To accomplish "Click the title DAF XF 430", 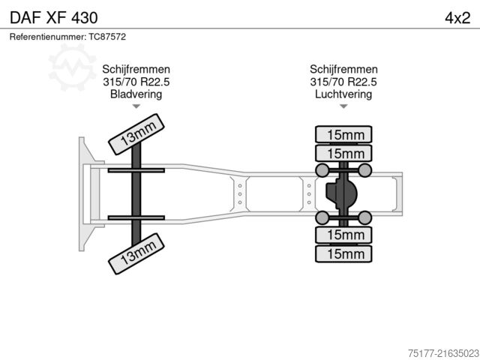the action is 54,18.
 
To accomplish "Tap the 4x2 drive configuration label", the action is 457,18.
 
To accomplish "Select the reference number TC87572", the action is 107,37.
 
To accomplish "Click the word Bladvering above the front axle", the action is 136,94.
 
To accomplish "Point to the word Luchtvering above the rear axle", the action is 343,94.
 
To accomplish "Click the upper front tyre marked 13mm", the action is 136,134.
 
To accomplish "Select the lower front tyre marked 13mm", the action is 136,253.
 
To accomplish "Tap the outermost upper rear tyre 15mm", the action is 343,134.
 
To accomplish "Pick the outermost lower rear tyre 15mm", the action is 343,253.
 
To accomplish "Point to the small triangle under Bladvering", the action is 136,106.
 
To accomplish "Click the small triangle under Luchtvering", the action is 343,106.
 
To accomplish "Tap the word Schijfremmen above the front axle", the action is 136,69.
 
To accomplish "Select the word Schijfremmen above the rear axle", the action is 343,69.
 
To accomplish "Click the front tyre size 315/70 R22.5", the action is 136,82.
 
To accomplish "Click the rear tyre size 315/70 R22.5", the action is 343,82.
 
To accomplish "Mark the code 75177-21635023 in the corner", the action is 443,353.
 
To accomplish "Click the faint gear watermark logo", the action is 72,67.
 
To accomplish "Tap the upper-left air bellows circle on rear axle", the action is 322,170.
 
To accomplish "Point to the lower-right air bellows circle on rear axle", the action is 365,217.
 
